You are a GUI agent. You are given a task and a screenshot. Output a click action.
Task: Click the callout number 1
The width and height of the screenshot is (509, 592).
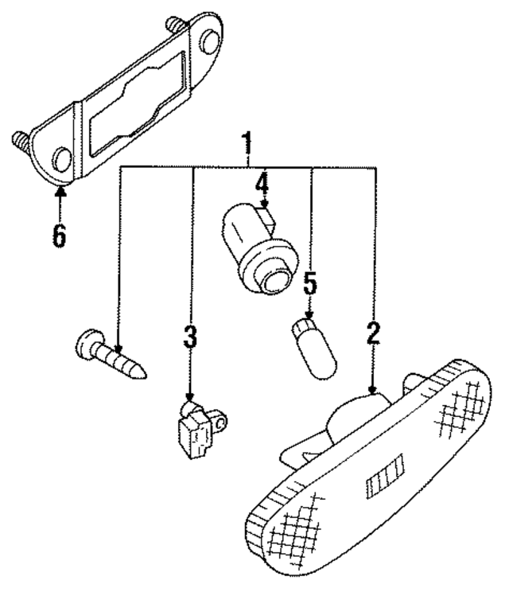tap(247, 145)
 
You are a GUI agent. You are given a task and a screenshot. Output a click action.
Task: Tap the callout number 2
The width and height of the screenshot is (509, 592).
tap(373, 332)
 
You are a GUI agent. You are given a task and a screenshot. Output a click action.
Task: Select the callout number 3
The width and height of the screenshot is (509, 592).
tap(189, 335)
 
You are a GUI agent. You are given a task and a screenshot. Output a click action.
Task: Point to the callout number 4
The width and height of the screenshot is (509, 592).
tap(262, 185)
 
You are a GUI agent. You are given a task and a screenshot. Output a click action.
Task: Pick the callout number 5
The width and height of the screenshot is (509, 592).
tap(309, 282)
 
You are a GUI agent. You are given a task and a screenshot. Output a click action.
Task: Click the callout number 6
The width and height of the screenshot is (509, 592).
tap(60, 235)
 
